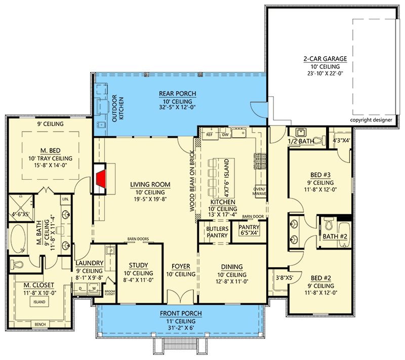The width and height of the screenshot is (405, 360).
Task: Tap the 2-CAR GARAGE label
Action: point(325,59)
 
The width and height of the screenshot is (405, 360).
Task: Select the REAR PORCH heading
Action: point(178,94)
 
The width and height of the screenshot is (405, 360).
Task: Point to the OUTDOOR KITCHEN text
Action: point(118,108)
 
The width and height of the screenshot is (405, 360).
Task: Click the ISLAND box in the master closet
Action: point(39,302)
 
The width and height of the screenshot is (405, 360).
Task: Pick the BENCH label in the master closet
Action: point(40,324)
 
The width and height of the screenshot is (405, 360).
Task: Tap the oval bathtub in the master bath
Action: point(17,239)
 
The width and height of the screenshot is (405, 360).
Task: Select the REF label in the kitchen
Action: point(209,135)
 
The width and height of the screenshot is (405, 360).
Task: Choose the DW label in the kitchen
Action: point(225,135)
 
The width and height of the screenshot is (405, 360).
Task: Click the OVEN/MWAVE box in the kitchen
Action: point(259,191)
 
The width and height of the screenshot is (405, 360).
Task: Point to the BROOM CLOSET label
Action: point(110,293)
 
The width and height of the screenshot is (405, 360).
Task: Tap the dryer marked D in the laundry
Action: point(80,289)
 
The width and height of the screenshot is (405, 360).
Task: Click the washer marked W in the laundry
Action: point(94,289)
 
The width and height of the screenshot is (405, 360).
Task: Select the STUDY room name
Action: point(138,265)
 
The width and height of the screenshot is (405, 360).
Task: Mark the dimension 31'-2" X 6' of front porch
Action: point(181,328)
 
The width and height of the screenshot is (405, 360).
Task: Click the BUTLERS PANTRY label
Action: point(217,232)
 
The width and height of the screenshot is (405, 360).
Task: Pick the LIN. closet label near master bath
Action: point(66,199)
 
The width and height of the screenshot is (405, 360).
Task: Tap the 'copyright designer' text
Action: point(371,120)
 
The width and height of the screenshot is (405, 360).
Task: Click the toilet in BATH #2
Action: point(329,224)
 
